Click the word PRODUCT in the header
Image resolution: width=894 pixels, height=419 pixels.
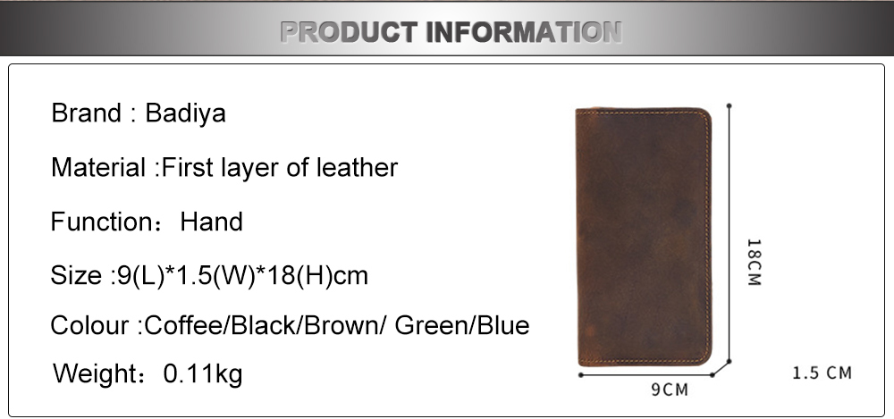349,32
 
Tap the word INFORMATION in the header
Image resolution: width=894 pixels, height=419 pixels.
524,32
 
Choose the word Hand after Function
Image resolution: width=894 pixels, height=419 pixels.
212,222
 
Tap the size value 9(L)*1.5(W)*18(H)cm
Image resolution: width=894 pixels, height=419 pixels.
242,276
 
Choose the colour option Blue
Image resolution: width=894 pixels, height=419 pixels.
502,325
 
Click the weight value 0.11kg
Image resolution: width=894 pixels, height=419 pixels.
203,374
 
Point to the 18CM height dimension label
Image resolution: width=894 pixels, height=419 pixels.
754,263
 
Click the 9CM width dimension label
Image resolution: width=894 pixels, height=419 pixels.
670,390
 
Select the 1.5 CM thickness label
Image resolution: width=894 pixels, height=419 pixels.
822,373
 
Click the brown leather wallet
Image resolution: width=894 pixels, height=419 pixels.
644,237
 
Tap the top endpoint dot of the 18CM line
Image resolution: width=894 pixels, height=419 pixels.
729,106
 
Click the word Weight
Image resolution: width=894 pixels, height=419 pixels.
95,374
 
